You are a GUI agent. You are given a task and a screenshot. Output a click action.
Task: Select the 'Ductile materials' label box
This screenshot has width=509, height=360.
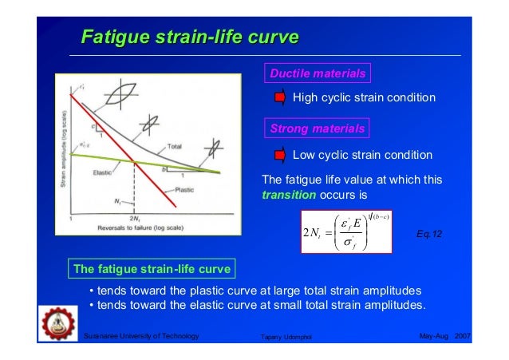click(x=317, y=73)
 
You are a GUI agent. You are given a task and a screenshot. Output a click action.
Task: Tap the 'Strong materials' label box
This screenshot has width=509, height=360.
click(x=317, y=129)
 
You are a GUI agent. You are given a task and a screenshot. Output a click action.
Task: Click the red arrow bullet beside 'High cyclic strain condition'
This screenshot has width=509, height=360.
click(x=280, y=97)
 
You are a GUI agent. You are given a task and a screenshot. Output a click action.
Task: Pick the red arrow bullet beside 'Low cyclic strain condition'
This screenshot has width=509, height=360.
click(x=280, y=154)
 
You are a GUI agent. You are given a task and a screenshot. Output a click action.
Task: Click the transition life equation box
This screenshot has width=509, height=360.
click(x=346, y=231)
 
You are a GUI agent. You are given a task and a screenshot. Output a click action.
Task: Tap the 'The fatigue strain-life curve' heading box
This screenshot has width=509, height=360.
click(x=152, y=268)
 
